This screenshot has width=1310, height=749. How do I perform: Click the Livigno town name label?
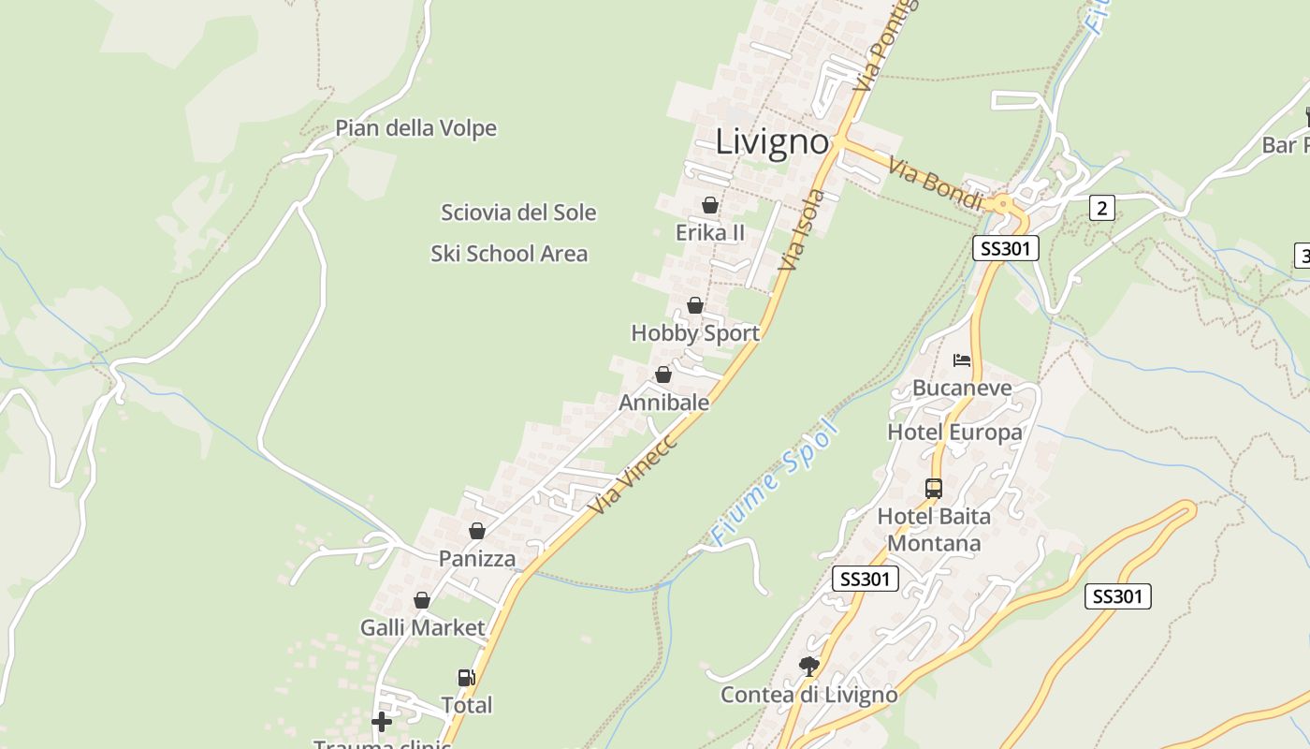point(772,142)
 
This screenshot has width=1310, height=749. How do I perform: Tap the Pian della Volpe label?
point(415,128)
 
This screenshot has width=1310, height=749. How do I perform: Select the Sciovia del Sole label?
point(518,213)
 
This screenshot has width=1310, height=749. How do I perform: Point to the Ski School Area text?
point(509,253)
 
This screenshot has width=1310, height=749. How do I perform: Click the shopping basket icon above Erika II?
point(710,204)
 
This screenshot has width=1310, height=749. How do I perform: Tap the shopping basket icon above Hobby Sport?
point(695,305)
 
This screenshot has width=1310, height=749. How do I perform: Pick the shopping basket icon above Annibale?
point(663,374)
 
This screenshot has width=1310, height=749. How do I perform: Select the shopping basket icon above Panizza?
point(477,531)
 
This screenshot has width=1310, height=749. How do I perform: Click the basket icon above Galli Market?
point(422,600)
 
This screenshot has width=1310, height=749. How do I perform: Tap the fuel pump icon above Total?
point(466,677)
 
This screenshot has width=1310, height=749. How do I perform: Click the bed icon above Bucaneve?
point(962,360)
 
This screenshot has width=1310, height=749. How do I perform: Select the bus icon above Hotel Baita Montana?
point(934,488)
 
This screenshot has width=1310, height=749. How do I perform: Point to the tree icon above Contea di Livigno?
point(809,666)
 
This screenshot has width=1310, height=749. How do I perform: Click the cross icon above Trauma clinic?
point(382,722)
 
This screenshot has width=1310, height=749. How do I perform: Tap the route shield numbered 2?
point(1102,208)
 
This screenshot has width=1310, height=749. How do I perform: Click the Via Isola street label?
point(803,230)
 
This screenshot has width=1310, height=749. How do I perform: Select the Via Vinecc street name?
point(633,473)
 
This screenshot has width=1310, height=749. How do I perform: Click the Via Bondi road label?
point(936,184)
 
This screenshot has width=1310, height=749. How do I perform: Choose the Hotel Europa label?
point(954,433)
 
